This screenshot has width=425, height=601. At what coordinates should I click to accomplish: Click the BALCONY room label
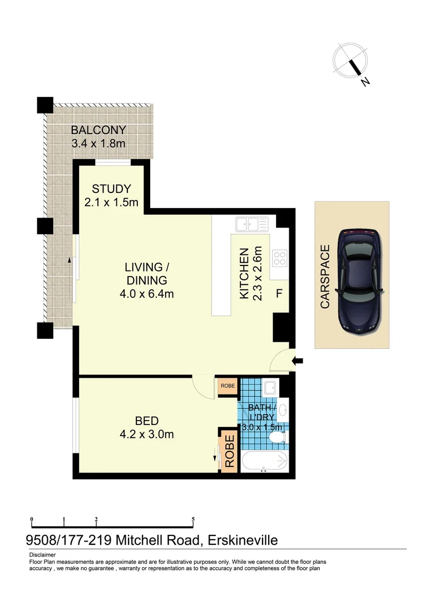point(98,130)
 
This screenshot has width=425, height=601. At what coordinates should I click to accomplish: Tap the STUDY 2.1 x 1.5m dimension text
point(111,203)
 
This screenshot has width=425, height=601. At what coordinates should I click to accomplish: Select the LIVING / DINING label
point(146,273)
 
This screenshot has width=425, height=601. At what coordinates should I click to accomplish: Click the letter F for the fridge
point(279,293)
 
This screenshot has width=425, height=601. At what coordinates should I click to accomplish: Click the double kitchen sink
point(251,224)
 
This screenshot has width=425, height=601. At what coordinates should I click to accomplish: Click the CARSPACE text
point(325,277)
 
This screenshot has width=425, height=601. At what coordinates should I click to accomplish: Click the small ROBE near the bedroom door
point(227,386)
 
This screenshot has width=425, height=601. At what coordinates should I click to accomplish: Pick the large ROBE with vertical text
point(229,451)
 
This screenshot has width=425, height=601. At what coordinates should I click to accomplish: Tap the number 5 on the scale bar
point(193,519)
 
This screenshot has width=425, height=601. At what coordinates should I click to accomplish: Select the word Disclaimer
point(42,555)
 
